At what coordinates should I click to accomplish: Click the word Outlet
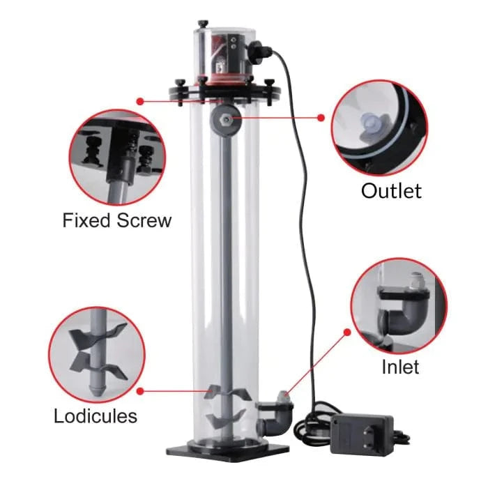391,191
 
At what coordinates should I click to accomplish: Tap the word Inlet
400,367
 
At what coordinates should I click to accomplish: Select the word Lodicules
96,415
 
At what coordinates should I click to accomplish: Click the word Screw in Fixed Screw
144,220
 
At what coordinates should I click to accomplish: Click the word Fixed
86,220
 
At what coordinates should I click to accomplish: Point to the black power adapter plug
362,434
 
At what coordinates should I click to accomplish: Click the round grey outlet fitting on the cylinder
226,119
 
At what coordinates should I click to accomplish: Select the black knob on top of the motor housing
203,24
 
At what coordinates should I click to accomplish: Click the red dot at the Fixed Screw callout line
140,101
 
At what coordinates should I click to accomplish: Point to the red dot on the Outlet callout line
321,118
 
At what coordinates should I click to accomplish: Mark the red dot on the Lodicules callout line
140,391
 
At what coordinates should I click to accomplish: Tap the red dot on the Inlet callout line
348,333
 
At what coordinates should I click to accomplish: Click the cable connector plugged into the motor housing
259,51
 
